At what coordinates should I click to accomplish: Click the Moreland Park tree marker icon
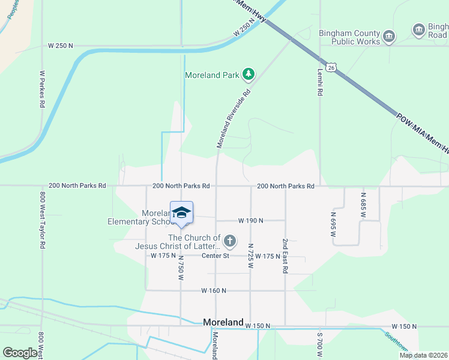pyautogui.click(x=249, y=75)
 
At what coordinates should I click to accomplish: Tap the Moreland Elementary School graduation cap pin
pyautogui.click(x=182, y=212)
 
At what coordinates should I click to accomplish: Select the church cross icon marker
pyautogui.click(x=229, y=242)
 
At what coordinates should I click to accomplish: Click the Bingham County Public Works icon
pyautogui.click(x=389, y=37)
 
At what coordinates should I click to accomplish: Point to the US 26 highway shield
pyautogui.click(x=331, y=68)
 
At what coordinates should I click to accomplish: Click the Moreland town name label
pyautogui.click(x=223, y=322)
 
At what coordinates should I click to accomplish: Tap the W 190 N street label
pyautogui.click(x=251, y=221)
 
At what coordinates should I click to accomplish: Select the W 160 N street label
pyautogui.click(x=214, y=290)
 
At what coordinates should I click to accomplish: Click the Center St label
pyautogui.click(x=215, y=256)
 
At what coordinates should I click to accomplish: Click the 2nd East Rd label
pyautogui.click(x=285, y=256)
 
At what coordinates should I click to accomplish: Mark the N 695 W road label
pyautogui.click(x=333, y=223)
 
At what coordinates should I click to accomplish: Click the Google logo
pyautogui.click(x=20, y=353)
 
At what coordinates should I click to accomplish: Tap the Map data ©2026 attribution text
pyautogui.click(x=423, y=355)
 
